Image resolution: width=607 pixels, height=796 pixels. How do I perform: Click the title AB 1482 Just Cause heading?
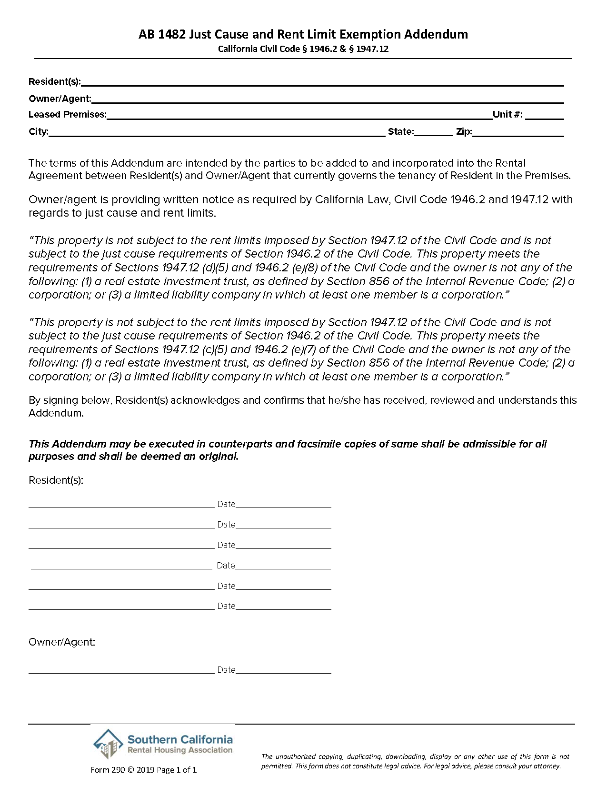(x=303, y=34)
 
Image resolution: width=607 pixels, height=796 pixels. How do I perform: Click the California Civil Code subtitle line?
(x=303, y=49)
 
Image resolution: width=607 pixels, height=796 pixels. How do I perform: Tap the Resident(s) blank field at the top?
(x=322, y=82)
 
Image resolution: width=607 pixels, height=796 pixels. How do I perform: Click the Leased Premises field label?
(x=67, y=114)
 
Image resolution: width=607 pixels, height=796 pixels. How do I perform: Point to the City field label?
(x=38, y=131)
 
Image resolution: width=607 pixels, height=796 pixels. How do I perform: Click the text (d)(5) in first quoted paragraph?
(x=215, y=268)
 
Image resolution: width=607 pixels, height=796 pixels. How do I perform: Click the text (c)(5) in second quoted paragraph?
(x=214, y=349)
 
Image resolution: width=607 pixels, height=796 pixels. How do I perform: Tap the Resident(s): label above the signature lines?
(x=56, y=480)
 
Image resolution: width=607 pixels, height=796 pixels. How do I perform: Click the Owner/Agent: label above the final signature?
(x=62, y=642)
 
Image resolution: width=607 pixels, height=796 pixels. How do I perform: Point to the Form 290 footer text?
(x=143, y=770)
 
